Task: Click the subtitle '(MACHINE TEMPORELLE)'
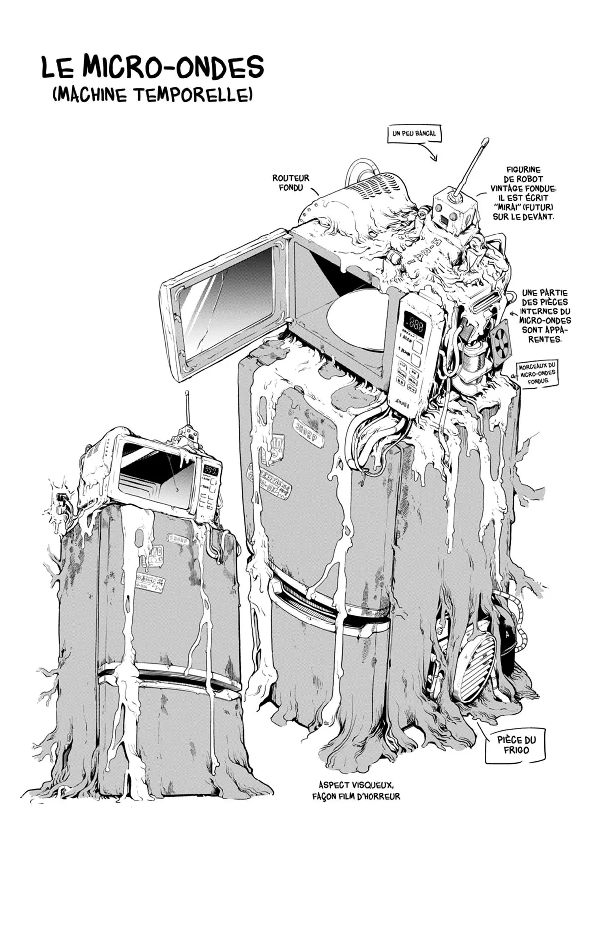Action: tap(152, 94)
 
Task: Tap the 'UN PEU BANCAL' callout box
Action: tap(414, 133)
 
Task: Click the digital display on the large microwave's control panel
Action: tap(414, 325)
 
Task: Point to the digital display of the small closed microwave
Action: tap(213, 470)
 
